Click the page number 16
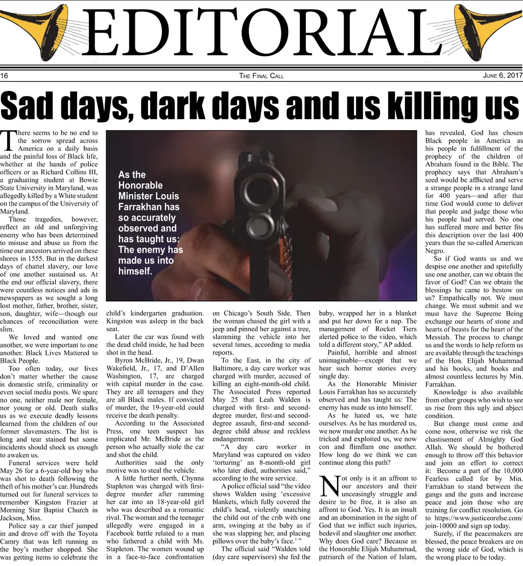5,76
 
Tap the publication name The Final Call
261,76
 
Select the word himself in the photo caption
135,271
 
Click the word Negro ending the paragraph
435,250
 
